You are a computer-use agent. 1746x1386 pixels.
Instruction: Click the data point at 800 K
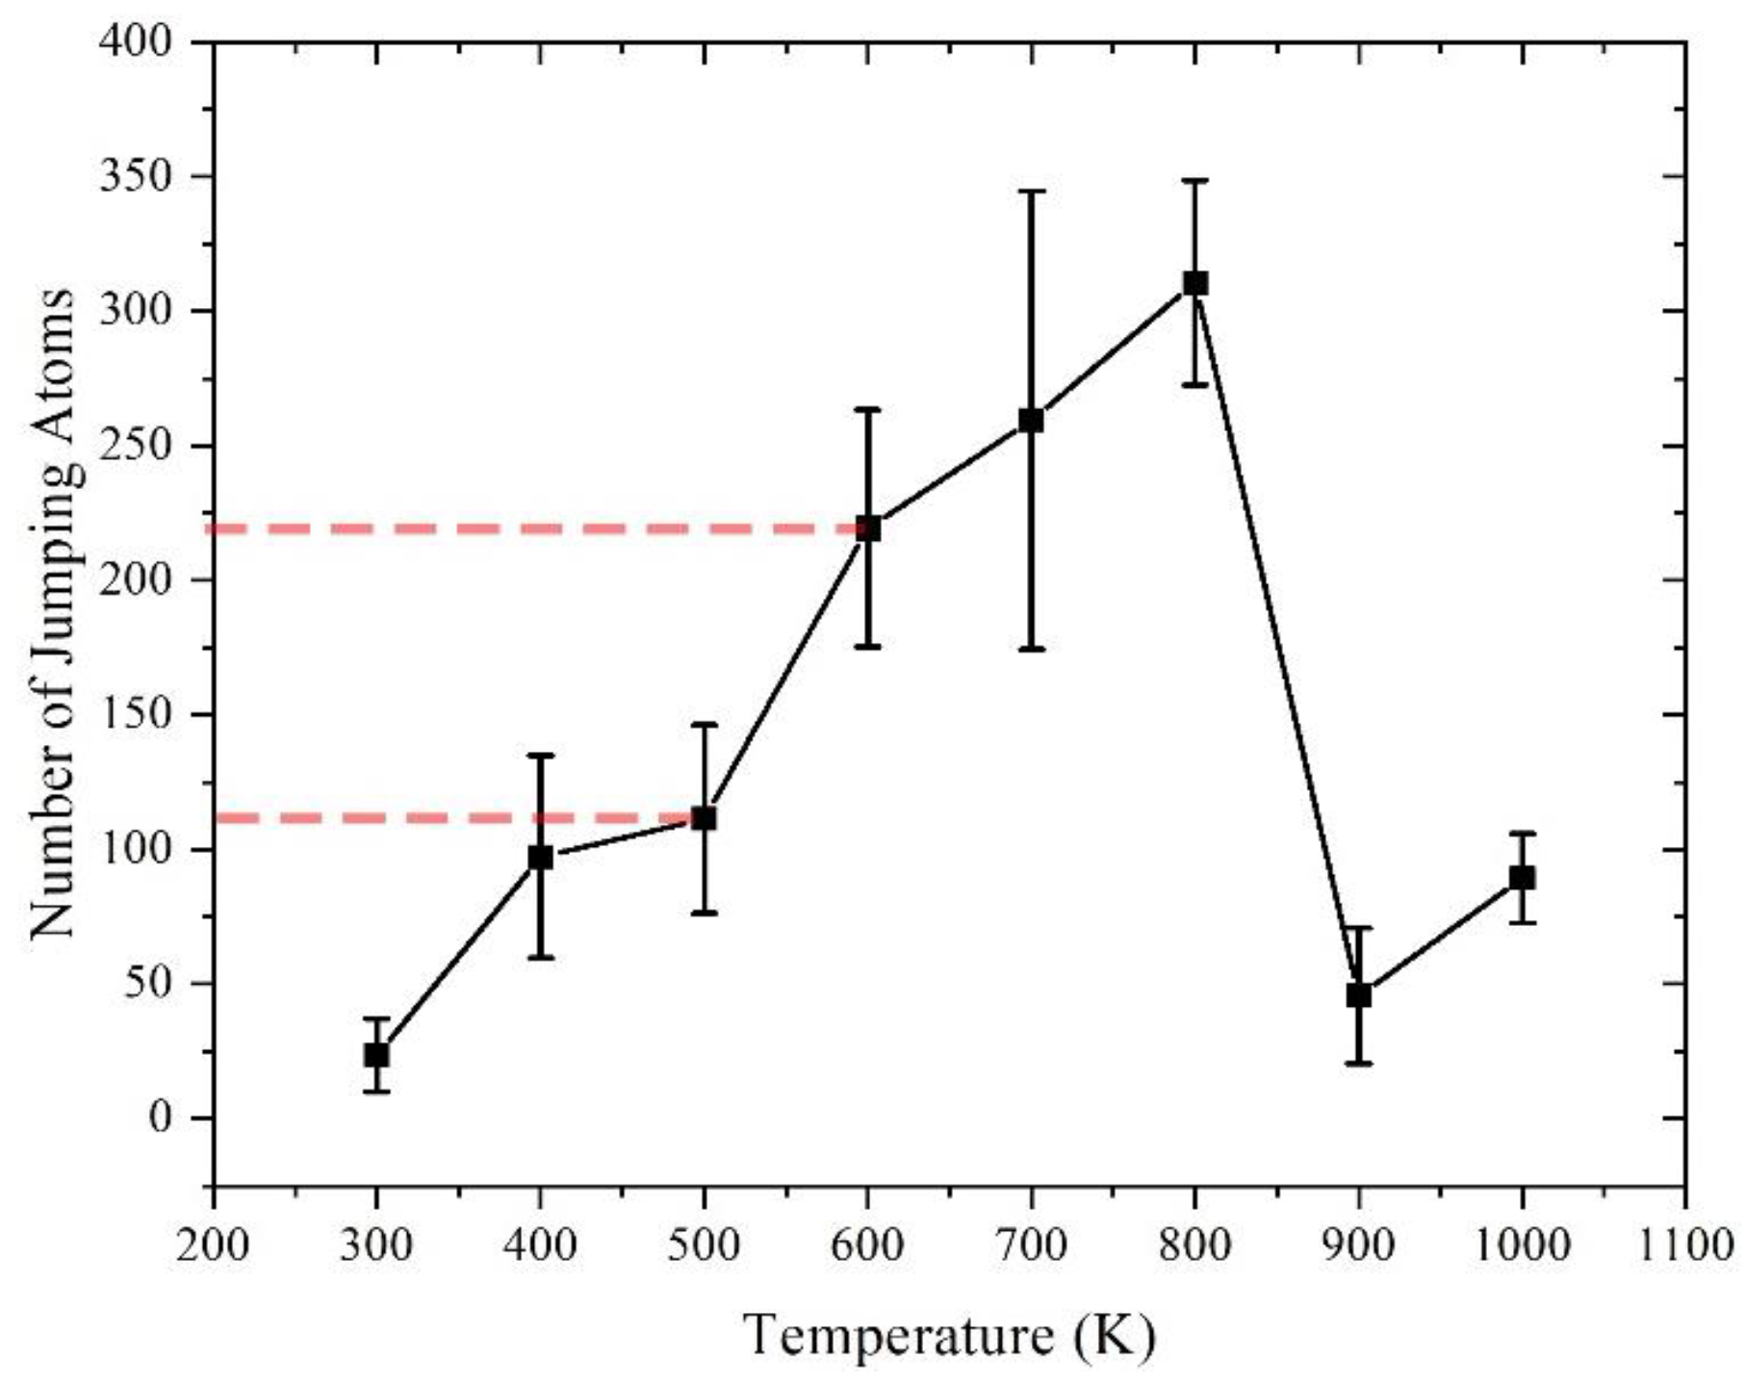point(1194,283)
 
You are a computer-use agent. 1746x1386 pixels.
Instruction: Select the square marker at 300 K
point(376,1055)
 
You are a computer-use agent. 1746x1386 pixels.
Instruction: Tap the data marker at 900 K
point(1358,995)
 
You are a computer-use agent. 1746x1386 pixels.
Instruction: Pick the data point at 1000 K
point(1522,878)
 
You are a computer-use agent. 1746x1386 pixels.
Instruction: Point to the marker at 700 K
point(1031,421)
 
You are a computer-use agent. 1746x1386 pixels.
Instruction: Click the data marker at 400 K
point(540,857)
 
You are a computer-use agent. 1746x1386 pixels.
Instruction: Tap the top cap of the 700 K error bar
point(1031,192)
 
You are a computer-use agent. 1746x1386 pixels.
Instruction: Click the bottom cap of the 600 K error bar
point(867,647)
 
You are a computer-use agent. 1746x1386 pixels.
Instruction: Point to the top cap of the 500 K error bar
point(704,724)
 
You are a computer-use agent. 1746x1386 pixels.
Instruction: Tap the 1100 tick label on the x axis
point(1684,1245)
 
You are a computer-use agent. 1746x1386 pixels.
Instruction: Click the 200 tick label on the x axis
point(213,1245)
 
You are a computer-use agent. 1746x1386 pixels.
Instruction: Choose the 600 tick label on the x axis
point(867,1245)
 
